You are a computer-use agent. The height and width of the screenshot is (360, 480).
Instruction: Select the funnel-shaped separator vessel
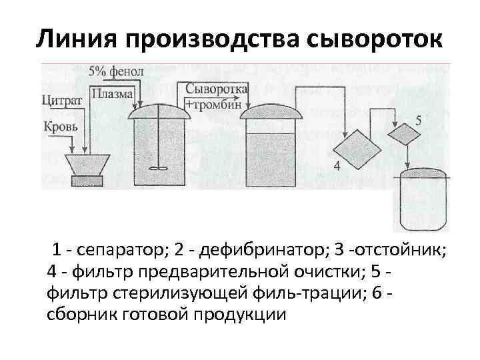click(x=86, y=163)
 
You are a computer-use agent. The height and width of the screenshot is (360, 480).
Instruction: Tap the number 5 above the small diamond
click(x=418, y=121)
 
